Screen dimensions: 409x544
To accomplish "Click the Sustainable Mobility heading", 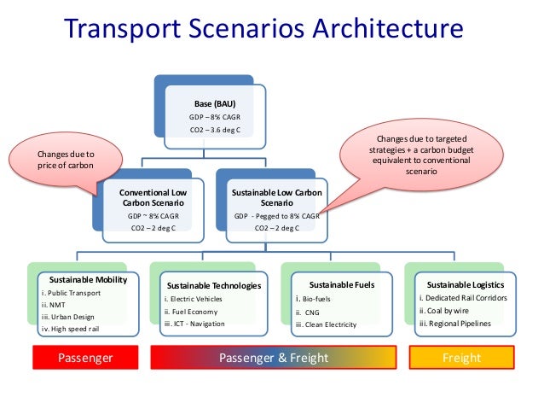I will pos(88,280).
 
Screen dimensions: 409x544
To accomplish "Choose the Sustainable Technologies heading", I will pos(213,285).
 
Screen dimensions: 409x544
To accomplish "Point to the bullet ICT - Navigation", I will pos(194,324).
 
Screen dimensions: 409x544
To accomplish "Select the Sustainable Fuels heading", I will pos(332,284).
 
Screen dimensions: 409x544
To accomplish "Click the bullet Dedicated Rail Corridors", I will pos(463,298).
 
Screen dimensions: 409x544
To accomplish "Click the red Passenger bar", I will pos(84,358).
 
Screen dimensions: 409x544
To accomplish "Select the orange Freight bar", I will pos(461,358).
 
